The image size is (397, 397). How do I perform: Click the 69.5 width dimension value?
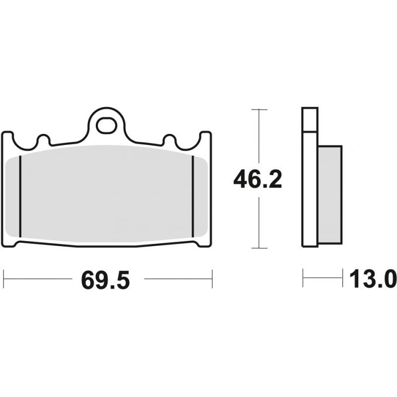(x=105, y=280)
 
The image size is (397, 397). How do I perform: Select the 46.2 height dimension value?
(x=258, y=179)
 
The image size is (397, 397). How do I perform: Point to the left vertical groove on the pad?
(x=20, y=197)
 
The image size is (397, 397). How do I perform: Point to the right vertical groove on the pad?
(x=193, y=197)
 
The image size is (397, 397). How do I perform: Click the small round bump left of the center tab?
(x=44, y=139)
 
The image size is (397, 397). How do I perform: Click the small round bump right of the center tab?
(x=169, y=139)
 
